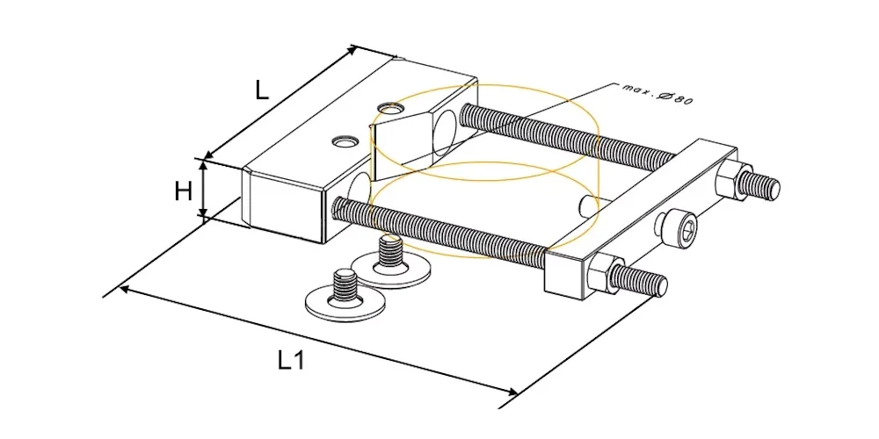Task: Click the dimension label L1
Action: (x=291, y=361)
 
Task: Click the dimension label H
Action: (x=184, y=192)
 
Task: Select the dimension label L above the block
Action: (x=262, y=90)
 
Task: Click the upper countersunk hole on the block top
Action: (x=391, y=107)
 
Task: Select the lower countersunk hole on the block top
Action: (x=345, y=141)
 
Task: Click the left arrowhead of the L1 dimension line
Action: (x=126, y=290)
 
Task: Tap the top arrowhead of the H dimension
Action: (x=204, y=165)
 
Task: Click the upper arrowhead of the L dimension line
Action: (x=351, y=51)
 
